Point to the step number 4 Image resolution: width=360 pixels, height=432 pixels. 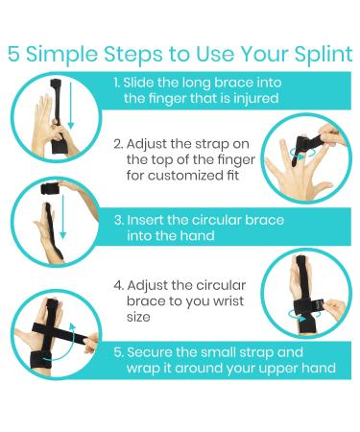(117, 284)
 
